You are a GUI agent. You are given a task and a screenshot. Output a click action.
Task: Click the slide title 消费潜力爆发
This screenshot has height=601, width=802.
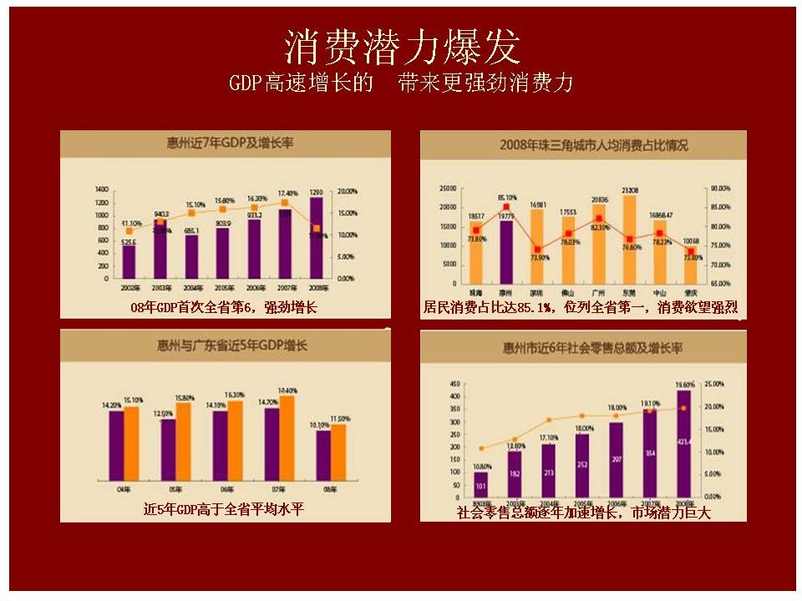click(x=402, y=43)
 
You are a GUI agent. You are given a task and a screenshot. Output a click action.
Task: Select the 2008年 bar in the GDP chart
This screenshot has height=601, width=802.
click(x=315, y=238)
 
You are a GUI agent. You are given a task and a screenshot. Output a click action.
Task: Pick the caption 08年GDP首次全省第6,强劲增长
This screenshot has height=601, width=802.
click(x=224, y=309)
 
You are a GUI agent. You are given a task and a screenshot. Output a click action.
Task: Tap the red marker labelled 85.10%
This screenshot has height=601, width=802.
click(x=506, y=207)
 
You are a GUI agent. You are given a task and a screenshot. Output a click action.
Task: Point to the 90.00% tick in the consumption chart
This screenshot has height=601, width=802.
click(x=719, y=188)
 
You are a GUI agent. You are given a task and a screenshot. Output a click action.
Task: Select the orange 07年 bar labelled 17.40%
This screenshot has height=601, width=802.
click(x=287, y=437)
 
